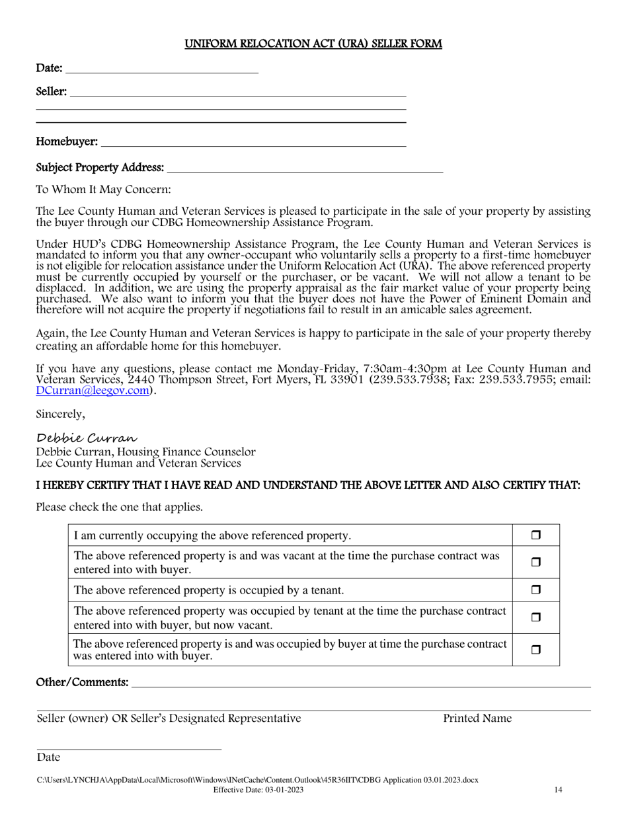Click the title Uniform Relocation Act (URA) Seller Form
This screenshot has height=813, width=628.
coord(313,44)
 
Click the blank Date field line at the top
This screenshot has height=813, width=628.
coord(162,69)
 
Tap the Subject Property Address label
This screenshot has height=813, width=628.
coord(100,168)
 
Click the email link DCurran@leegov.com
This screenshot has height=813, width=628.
coord(93,391)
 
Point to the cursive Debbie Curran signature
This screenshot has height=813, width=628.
coord(87,438)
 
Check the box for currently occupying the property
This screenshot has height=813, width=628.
coord(536,535)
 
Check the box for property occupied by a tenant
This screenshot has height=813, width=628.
coord(536,590)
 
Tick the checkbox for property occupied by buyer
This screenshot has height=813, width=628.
coord(536,650)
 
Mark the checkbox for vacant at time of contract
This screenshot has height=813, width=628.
coord(536,562)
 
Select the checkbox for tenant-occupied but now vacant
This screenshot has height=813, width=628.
coord(536,617)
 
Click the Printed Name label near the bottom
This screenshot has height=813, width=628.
coord(477,718)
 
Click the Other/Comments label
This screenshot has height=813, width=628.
coord(82,682)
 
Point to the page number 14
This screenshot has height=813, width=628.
coord(558,790)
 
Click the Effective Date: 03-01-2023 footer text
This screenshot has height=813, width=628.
coord(258,790)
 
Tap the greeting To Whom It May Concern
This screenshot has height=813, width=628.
coord(103,190)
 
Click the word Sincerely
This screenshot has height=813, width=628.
coord(60,414)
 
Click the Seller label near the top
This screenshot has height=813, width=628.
coord(51,92)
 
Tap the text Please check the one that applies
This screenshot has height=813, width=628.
coord(119,508)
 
